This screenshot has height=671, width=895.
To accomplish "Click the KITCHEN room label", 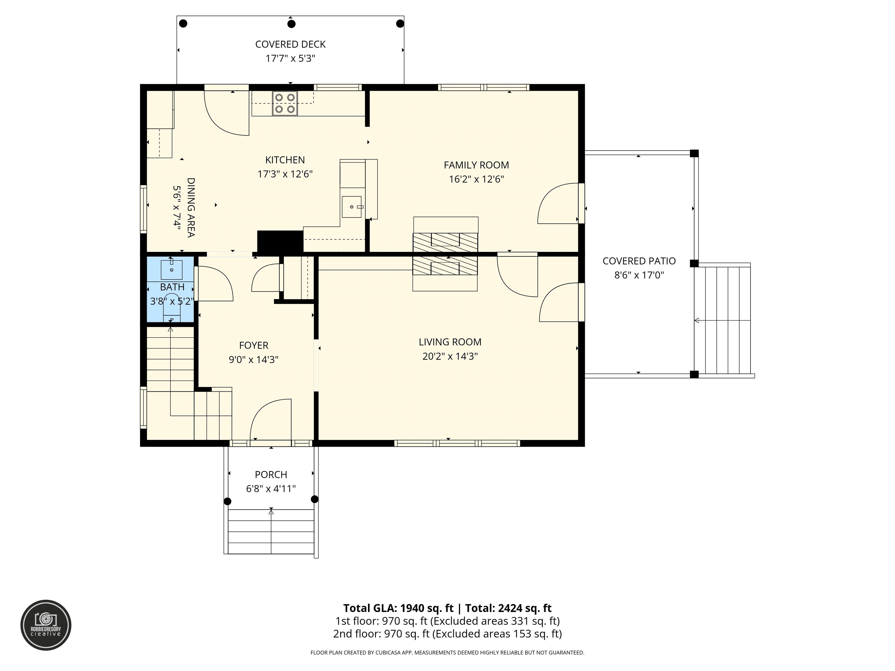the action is pyautogui.click(x=285, y=160).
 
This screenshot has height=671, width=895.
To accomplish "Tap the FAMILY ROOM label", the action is pyautogui.click(x=476, y=165).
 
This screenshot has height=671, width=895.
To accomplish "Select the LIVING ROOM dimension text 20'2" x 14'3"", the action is pyautogui.click(x=450, y=356).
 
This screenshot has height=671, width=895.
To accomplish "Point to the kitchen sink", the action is pyautogui.click(x=352, y=207).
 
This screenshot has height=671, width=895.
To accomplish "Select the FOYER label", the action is pyautogui.click(x=254, y=345).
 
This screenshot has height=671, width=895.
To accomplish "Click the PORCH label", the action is pyautogui.click(x=271, y=474).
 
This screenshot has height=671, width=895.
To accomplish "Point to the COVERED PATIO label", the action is pyautogui.click(x=639, y=261).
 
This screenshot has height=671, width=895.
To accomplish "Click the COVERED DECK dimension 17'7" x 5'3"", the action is pyautogui.click(x=290, y=59).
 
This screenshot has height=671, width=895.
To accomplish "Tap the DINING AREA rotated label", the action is pyautogui.click(x=191, y=207).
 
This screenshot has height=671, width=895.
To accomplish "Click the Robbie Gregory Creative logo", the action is pyautogui.click(x=46, y=625).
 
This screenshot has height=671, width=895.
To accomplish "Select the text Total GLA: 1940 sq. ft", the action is pyautogui.click(x=399, y=608).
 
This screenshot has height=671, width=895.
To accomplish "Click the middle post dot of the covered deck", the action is pyautogui.click(x=291, y=24).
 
